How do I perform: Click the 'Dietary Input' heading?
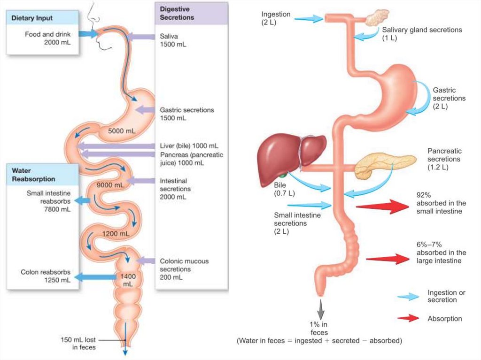pyautogui.click(x=32, y=18)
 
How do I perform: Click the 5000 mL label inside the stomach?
pyautogui.click(x=122, y=131)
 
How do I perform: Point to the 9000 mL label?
pyautogui.click(x=110, y=185)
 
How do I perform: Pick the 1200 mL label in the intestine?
pyautogui.click(x=116, y=233)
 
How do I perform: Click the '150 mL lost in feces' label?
pyautogui.click(x=78, y=343)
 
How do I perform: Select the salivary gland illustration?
pyautogui.click(x=378, y=18)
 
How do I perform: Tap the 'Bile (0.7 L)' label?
pyautogui.click(x=280, y=189)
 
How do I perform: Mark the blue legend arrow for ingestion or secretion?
pyautogui.click(x=408, y=296)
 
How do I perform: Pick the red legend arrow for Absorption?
pyautogui.click(x=408, y=318)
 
